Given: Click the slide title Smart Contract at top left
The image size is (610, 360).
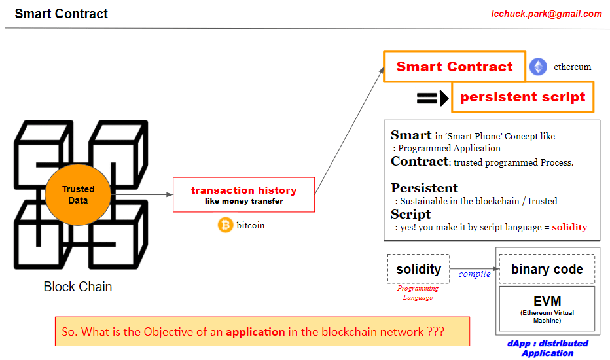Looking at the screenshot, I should pos(62,14).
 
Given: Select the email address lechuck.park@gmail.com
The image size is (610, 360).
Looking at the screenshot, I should pos(546,14).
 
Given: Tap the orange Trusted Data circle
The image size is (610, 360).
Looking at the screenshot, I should pos(78,194).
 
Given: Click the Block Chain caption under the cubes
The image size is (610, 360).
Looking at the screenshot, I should pos(77,287).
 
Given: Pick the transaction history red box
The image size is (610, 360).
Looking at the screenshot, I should pos(243,194).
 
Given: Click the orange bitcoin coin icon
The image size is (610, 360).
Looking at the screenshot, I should pos(225,225).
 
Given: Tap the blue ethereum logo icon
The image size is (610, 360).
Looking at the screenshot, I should pos(538,67).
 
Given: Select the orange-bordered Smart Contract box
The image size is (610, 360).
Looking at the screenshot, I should pos(454,67).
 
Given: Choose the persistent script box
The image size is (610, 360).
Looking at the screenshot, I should pos(522,97).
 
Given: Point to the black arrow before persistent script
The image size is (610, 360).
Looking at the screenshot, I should pos(433,98).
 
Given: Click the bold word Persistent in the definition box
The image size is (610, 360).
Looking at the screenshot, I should pos(424,189).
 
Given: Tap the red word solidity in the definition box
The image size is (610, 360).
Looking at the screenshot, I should pos(569,228).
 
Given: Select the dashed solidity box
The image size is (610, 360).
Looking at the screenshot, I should pos(418,269).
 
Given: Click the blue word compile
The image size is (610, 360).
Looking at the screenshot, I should pos(475,274).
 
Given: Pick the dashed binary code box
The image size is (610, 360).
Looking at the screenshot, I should pos(547,269).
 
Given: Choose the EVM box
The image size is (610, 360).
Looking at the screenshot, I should pos(547,307).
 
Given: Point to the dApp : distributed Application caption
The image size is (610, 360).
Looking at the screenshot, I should pos(547,348).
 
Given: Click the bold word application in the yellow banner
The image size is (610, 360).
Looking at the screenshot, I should pos(255,332).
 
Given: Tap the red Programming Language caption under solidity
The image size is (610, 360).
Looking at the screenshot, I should pos(418,293).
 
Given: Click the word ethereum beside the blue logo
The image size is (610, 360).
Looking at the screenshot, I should pos(572,67).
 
